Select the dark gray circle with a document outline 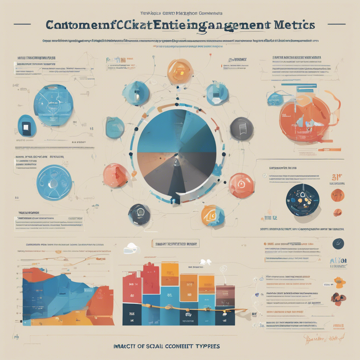tap(242, 129)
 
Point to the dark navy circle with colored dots tap(302, 200)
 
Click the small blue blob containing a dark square tap(27, 126)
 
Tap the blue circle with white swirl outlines tap(54, 183)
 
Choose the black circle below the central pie tap(139, 214)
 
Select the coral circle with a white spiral tap(241, 185)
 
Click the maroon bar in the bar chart tap(225, 296)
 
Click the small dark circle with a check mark tap(338, 243)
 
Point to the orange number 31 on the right tap(336, 178)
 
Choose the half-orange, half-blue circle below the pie tap(212, 216)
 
